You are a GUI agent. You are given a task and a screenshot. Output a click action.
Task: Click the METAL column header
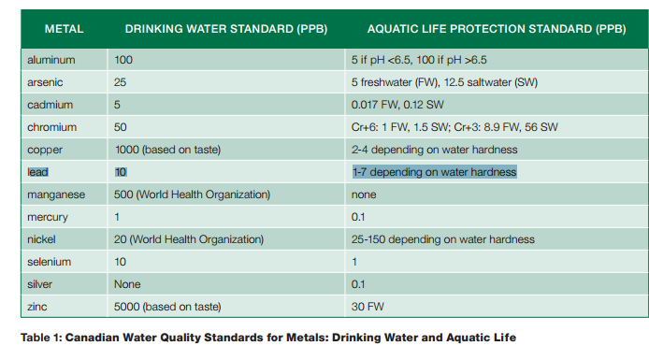[x=65, y=29]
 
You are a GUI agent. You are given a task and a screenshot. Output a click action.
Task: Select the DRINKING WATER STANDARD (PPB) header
[x=226, y=29]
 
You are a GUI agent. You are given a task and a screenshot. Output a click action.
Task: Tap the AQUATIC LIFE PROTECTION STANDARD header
[x=497, y=29]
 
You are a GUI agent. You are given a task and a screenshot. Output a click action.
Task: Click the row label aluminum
[x=51, y=60]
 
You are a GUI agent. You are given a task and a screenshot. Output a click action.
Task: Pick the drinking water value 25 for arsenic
[x=120, y=82]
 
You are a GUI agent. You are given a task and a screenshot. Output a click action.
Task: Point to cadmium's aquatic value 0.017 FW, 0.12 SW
[x=397, y=105]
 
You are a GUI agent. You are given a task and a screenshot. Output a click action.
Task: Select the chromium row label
[x=52, y=127]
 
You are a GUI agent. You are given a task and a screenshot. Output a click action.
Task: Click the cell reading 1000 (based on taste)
[x=167, y=150]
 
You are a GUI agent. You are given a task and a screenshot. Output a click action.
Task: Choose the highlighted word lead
[x=37, y=172]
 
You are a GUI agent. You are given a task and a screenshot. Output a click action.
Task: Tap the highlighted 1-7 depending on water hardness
[x=435, y=172]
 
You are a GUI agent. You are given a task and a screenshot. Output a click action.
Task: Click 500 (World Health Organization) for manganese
[x=192, y=194]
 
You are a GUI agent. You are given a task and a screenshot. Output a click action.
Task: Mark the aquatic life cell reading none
[x=364, y=194]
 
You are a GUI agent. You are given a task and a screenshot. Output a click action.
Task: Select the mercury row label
[x=48, y=217]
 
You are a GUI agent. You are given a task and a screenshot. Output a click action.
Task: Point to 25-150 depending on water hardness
[x=443, y=239]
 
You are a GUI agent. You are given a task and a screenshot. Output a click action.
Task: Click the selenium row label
[x=50, y=262]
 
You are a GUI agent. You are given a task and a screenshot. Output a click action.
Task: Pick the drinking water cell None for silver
[x=127, y=284]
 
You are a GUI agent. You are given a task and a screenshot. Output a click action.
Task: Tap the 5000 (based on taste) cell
[x=167, y=307]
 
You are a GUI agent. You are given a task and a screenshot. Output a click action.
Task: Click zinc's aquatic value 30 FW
[x=368, y=307]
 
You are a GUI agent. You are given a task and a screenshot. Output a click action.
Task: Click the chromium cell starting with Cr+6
[x=454, y=127]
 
